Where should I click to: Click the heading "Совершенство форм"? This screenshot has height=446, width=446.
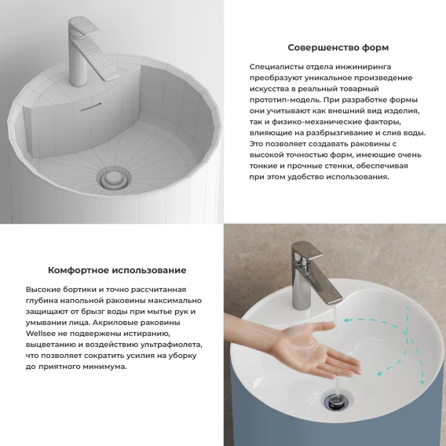pyautogui.click(x=338, y=47)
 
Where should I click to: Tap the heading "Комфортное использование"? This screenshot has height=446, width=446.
pyautogui.click(x=117, y=270)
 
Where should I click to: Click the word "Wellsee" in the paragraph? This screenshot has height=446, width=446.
pyautogui.click(x=38, y=334)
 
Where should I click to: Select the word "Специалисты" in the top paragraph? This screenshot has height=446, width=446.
pyautogui.click(x=276, y=67)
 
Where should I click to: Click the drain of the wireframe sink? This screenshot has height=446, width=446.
pyautogui.click(x=114, y=178)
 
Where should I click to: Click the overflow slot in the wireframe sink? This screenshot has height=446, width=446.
pyautogui.click(x=91, y=106)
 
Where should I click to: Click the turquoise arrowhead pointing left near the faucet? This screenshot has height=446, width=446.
pyautogui.click(x=346, y=320)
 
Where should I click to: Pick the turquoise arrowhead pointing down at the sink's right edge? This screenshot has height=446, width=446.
pyautogui.click(x=422, y=382)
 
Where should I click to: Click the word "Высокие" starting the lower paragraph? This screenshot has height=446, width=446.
pyautogui.click(x=43, y=290)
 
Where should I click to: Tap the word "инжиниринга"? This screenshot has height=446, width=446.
pyautogui.click(x=364, y=67)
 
